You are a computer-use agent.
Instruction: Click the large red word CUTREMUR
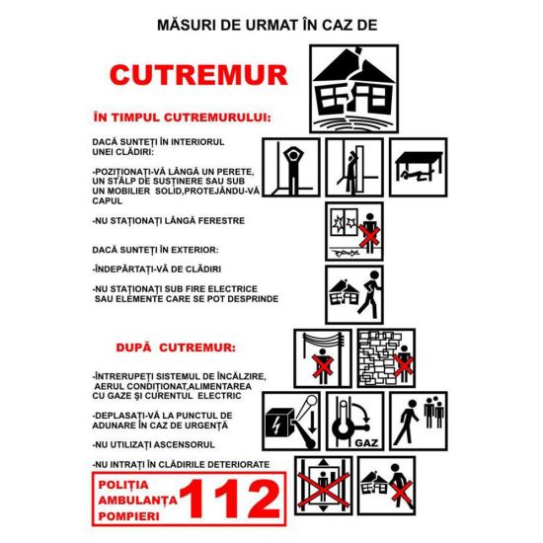198,75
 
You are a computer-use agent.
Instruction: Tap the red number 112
230,499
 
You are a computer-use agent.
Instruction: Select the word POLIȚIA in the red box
123,485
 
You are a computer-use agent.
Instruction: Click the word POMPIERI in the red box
128,516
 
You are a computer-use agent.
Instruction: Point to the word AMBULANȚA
138,501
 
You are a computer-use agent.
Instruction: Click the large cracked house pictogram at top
353,89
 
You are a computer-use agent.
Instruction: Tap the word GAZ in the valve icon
366,443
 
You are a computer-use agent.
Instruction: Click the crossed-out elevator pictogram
324,486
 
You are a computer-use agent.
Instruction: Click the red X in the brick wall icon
404,366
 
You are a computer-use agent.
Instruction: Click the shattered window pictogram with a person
354,231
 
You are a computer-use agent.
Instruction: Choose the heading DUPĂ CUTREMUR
176,348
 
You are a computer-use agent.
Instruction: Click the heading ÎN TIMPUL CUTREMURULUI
183,117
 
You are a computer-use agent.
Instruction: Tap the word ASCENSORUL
184,444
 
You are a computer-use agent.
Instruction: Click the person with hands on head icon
291,167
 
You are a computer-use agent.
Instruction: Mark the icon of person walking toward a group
419,422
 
